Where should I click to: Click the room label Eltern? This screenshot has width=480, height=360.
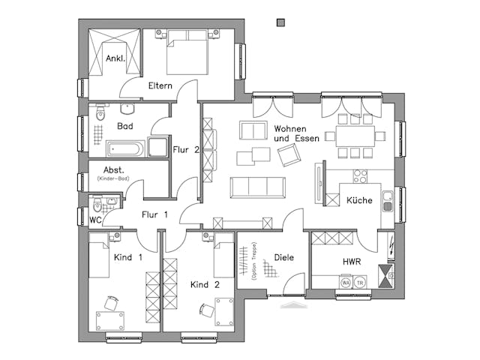coord(160,85)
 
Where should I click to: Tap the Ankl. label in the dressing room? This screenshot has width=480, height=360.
coord(115,58)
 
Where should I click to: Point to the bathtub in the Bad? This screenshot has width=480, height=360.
coord(126,148)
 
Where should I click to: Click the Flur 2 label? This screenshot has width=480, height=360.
coord(186,149)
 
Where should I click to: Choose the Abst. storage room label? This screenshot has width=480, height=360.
coord(113,170)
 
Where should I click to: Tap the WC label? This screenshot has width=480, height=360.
coord(94,220)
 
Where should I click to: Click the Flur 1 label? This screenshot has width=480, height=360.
coord(153,214)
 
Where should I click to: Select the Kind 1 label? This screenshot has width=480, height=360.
coord(127,257)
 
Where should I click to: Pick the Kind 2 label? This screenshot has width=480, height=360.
coord(205,285)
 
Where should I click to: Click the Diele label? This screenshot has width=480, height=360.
coord(283,257)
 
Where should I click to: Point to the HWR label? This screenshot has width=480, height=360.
coord(352,262)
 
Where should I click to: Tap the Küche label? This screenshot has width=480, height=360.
coord(359,200)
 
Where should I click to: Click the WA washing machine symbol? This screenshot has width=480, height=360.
coord(346,283)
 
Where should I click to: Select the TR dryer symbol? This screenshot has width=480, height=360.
coord(360,283)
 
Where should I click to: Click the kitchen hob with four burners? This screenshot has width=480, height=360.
coord(359,177)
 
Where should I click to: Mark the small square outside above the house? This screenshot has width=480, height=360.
coord(280,22)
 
